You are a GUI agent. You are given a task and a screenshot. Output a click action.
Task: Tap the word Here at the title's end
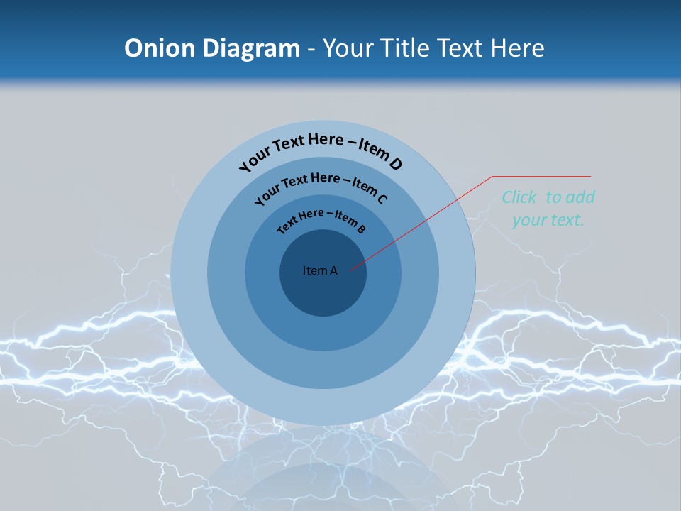(518, 48)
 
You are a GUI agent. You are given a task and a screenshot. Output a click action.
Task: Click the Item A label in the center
(320, 270)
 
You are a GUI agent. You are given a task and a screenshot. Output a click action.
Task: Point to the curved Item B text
(321, 219)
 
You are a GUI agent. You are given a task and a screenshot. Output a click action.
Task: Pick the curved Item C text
(321, 187)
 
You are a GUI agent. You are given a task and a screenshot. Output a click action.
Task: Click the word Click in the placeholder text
(519, 197)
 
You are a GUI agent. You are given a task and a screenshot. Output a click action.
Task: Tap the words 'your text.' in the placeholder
(548, 220)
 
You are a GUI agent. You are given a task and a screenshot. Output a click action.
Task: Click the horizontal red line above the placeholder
(541, 176)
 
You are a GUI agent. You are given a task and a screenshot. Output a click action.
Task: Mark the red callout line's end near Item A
(350, 269)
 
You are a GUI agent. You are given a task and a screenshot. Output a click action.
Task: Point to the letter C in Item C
(382, 199)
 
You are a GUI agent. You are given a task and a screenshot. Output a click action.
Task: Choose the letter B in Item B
(361, 229)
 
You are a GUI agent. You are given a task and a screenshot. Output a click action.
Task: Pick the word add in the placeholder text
(581, 197)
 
